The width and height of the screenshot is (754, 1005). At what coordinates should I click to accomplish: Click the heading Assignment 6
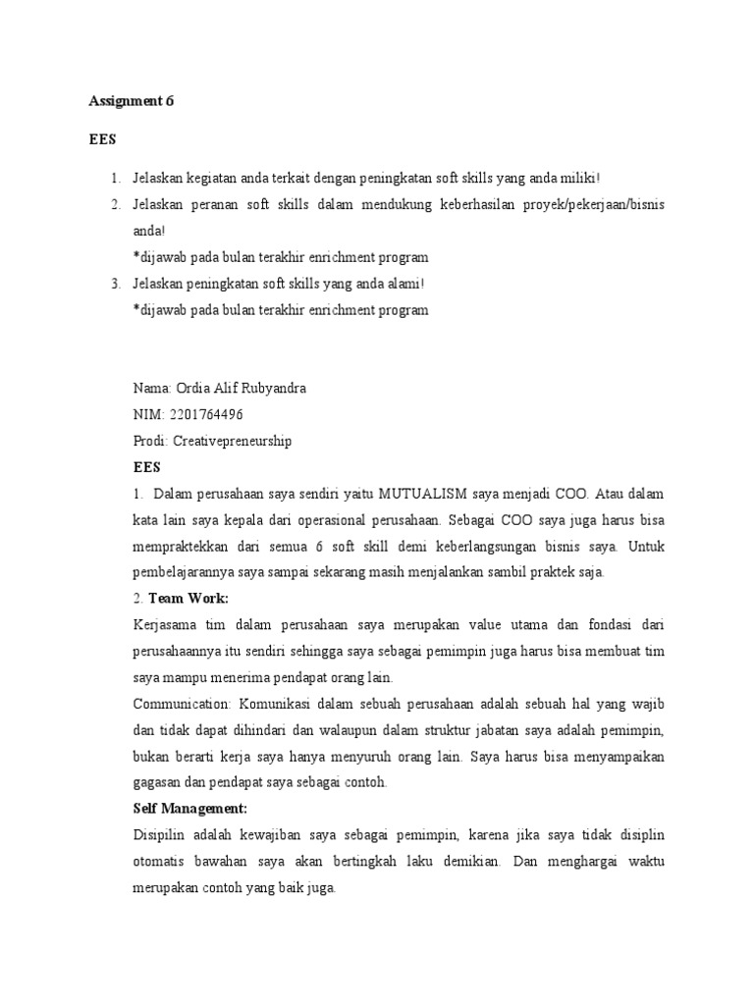(x=131, y=100)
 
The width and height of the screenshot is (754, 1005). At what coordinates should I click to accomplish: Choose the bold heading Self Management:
(x=188, y=809)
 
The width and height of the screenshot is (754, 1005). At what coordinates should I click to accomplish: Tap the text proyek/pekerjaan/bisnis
(x=595, y=204)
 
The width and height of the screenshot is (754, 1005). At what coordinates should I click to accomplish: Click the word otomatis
(x=159, y=862)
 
